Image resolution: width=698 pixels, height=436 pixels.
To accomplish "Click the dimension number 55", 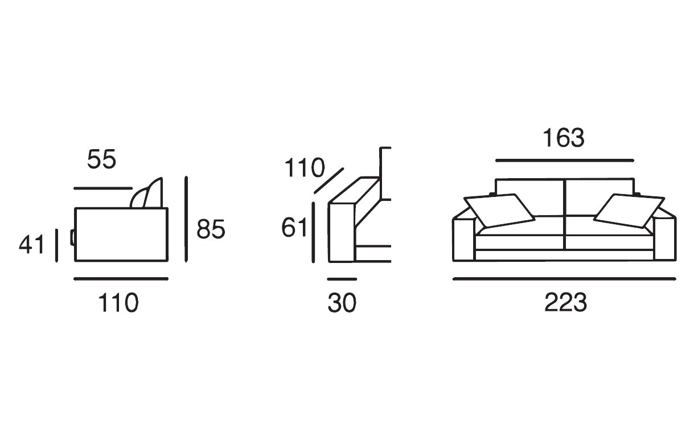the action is point(101,159).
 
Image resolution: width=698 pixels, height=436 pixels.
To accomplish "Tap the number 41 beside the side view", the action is point(31,245).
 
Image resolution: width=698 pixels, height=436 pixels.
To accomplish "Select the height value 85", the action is point(211,229).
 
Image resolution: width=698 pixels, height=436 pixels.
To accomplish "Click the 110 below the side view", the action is point(118,303).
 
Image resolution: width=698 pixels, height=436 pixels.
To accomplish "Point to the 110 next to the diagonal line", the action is point(305,167).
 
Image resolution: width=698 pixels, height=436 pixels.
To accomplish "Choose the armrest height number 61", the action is point(294,227).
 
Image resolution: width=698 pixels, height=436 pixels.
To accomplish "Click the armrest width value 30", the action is point(342,303).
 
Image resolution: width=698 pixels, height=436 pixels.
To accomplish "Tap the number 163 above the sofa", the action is point(564,138).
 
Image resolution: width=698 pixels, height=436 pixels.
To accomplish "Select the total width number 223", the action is point(565,302).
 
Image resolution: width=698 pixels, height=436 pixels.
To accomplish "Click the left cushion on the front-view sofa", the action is point(499,211).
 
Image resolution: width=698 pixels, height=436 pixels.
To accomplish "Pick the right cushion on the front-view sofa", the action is point(629,211).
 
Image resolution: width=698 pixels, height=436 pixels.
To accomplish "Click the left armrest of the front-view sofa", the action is point(464,239).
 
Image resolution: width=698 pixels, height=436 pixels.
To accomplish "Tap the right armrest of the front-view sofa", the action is point(665,239).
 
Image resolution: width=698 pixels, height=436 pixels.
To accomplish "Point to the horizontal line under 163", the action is point(565,161).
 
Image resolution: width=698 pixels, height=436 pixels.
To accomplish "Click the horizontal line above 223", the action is point(564,279).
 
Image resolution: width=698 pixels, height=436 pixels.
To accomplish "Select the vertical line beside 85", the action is point(186,219).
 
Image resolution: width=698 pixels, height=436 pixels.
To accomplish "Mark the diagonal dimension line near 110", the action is point(329,180).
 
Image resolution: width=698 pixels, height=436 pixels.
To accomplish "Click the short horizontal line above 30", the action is point(342,279).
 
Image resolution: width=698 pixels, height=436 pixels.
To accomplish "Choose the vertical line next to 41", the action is point(56,245).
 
